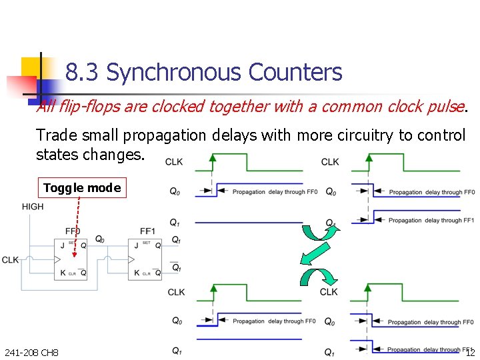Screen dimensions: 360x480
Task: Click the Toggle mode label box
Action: point(82,188)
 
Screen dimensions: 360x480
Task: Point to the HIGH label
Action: point(33,207)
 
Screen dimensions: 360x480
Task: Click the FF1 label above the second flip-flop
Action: point(147,231)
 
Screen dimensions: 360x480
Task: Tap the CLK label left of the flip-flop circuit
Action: point(10,259)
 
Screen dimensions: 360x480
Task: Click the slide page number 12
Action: point(469,352)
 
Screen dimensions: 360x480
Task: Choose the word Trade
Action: point(55,135)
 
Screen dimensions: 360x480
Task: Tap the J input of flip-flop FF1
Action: point(136,245)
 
